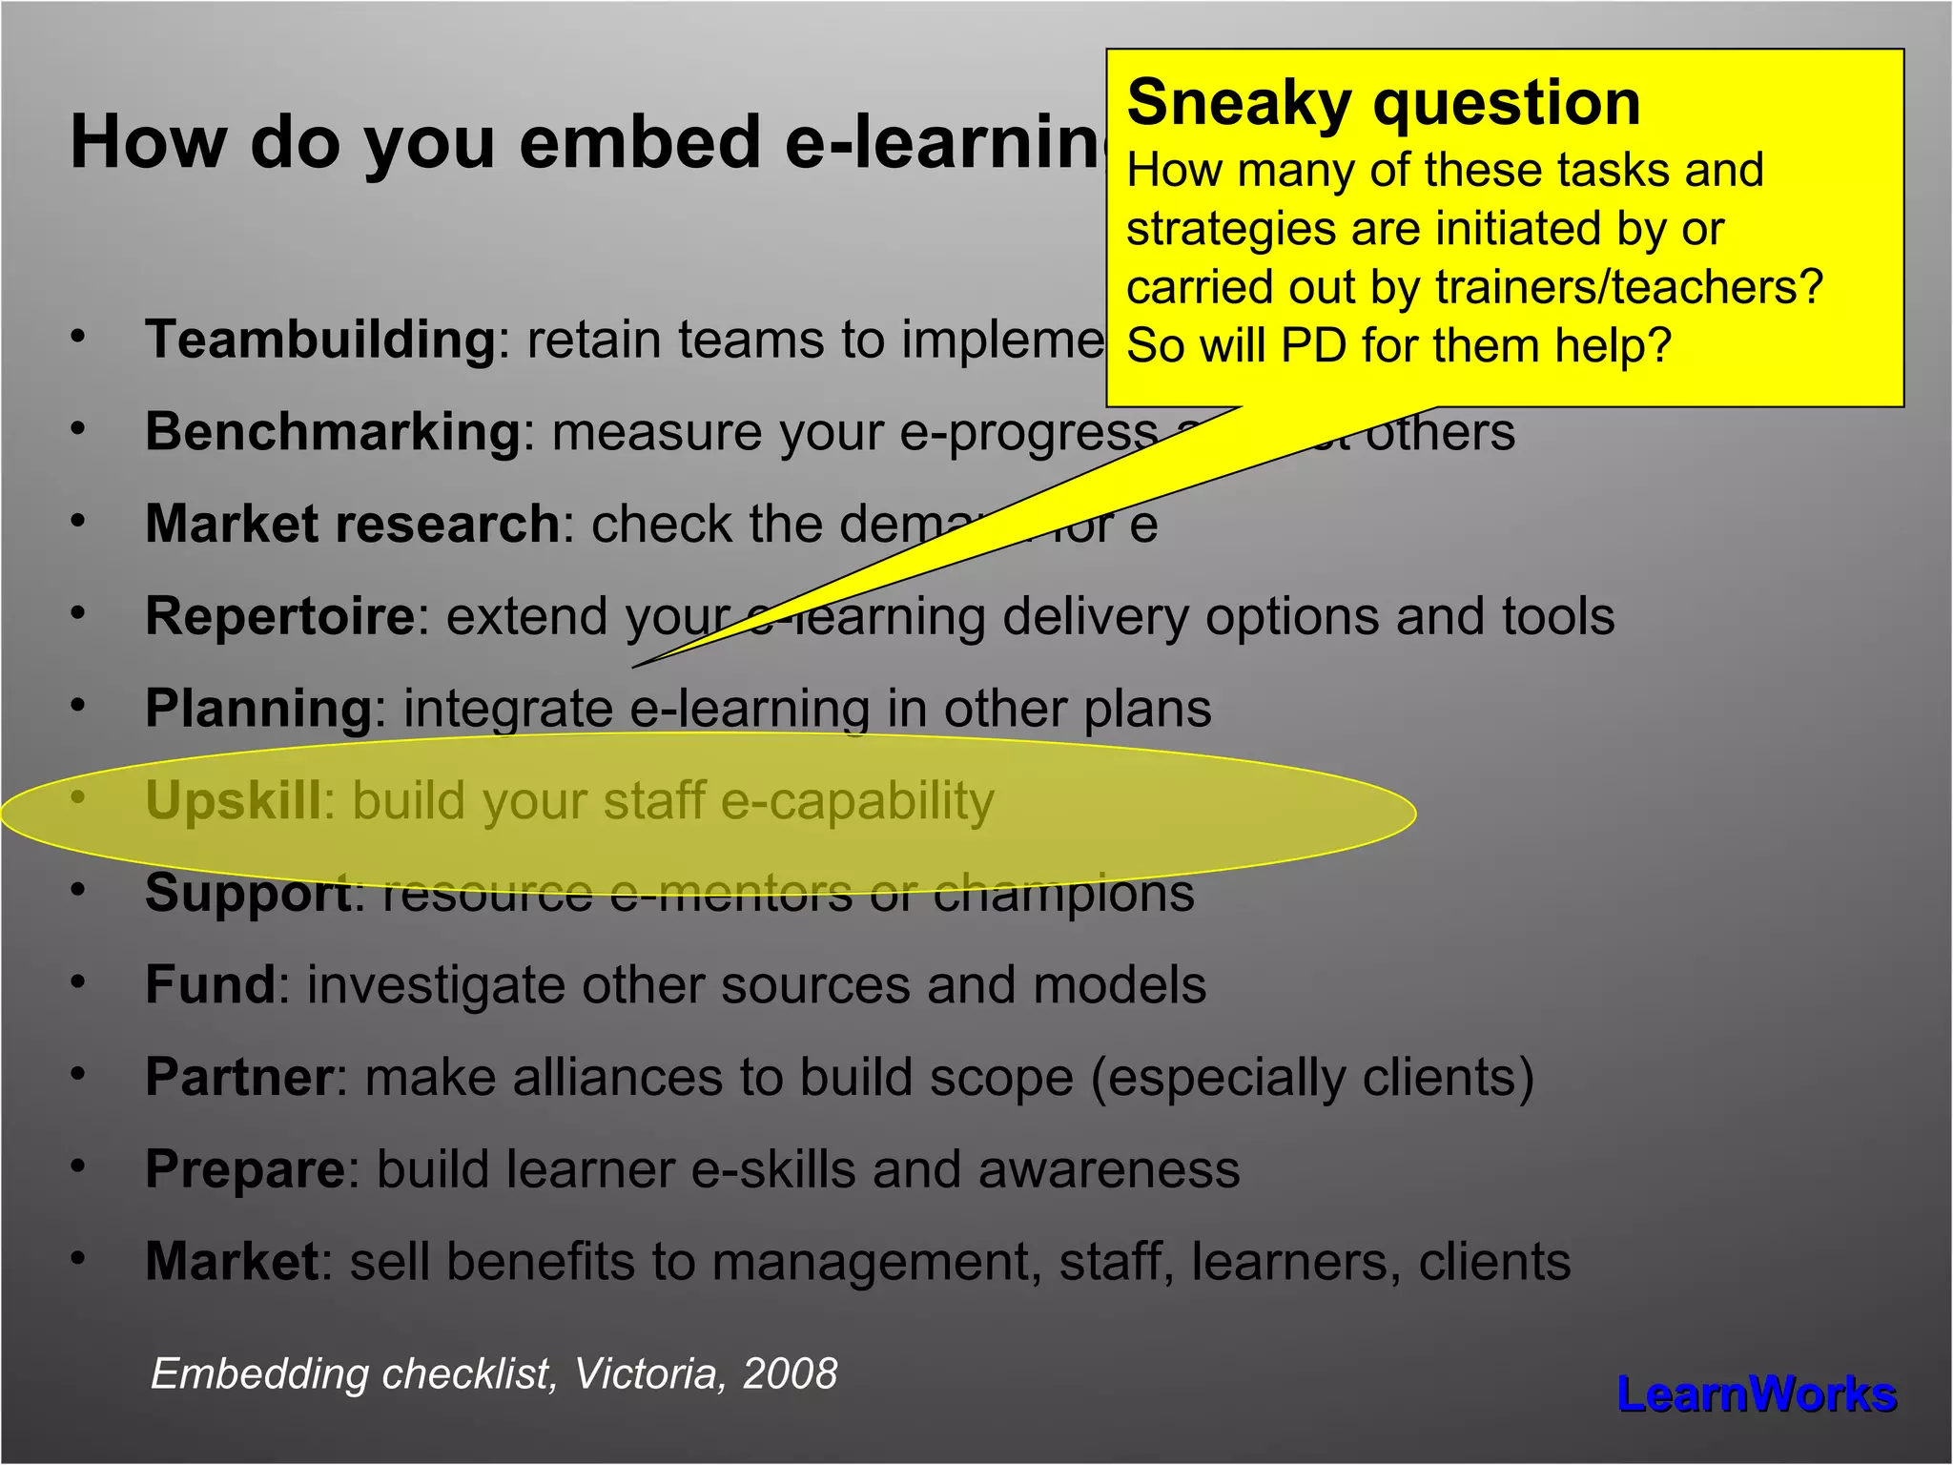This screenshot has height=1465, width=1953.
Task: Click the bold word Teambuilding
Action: tap(320, 340)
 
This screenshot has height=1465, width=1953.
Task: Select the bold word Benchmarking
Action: tap(332, 432)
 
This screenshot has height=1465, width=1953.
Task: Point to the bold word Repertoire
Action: tap(279, 616)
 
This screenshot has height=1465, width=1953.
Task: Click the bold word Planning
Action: tap(257, 709)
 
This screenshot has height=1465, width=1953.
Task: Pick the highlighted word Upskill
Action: tap(233, 800)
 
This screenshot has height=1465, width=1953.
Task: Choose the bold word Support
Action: tap(248, 893)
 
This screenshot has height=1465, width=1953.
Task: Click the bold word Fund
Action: tap(210, 984)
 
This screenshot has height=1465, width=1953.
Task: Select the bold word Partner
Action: tap(238, 1077)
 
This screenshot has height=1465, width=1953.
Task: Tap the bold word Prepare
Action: tap(244, 1169)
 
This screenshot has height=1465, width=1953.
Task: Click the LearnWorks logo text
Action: tap(1757, 1394)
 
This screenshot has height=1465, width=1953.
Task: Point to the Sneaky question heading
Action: tap(1383, 102)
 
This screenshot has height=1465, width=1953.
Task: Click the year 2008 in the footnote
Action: tap(790, 1373)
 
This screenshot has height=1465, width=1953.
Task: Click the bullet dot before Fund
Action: tap(78, 981)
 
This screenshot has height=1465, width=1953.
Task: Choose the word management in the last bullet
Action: tap(873, 1262)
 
